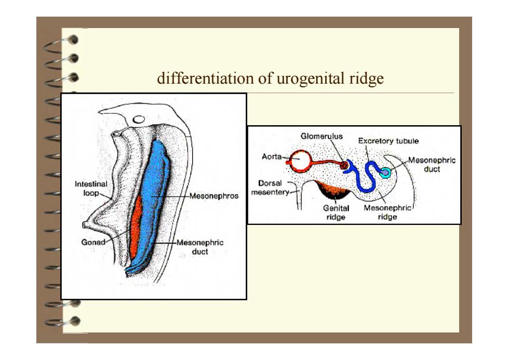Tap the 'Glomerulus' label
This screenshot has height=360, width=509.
[x=322, y=136]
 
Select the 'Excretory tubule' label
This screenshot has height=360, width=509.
[x=389, y=141]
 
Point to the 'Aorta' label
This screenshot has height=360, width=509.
[x=272, y=157]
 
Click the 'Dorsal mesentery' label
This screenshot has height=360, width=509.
[x=270, y=188]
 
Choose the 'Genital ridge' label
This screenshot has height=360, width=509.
[x=336, y=212]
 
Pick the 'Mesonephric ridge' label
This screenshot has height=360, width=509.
[x=387, y=212]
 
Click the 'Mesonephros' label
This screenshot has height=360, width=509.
[x=214, y=196]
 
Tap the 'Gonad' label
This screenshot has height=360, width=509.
[x=93, y=242]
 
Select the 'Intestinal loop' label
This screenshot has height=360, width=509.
[x=91, y=188]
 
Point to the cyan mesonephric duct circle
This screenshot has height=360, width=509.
[x=385, y=172]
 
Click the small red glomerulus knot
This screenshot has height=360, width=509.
[x=343, y=166]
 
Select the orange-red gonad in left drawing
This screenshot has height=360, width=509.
[x=136, y=227]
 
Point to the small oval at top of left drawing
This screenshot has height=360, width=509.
[x=139, y=119]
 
